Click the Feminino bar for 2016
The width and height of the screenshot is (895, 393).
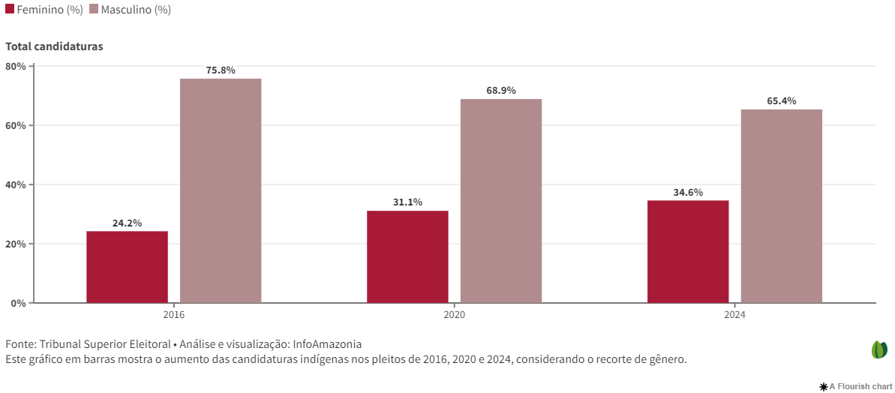coord(127,267)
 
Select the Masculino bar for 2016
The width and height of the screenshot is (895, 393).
coord(221,190)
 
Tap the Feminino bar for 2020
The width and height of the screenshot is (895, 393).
coord(407,256)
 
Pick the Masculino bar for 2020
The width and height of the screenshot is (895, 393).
coord(501,201)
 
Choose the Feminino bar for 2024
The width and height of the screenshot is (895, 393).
coord(688,251)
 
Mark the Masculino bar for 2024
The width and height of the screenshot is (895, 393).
coord(782,206)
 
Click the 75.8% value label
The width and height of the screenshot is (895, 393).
coord(221,70)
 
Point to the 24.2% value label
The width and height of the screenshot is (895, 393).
coord(127,223)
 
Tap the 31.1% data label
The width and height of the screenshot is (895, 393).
coord(407,202)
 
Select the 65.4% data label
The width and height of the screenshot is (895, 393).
coord(782,101)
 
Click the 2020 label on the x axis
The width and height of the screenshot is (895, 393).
coord(454,316)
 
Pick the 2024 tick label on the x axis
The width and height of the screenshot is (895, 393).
coord(734,316)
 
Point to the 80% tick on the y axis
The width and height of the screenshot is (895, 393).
coord(16,66)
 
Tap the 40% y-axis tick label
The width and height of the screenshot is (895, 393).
coord(16,184)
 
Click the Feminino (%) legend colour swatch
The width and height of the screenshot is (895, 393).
coord(10,10)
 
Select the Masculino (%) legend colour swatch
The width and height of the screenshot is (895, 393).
coord(94,10)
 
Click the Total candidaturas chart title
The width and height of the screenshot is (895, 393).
coord(54,46)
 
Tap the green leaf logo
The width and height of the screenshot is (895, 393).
coord(879,349)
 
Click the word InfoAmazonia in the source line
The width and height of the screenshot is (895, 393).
coord(327,344)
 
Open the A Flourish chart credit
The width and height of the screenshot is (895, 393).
coord(855,386)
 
